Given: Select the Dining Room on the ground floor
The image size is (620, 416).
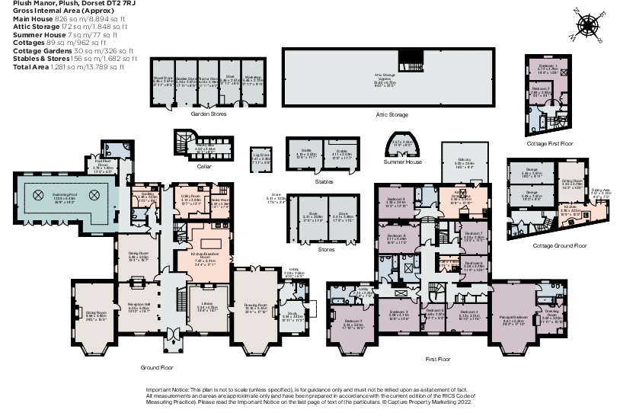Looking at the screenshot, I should pos(137,258).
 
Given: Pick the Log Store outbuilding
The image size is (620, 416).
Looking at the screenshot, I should pos(261,160).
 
